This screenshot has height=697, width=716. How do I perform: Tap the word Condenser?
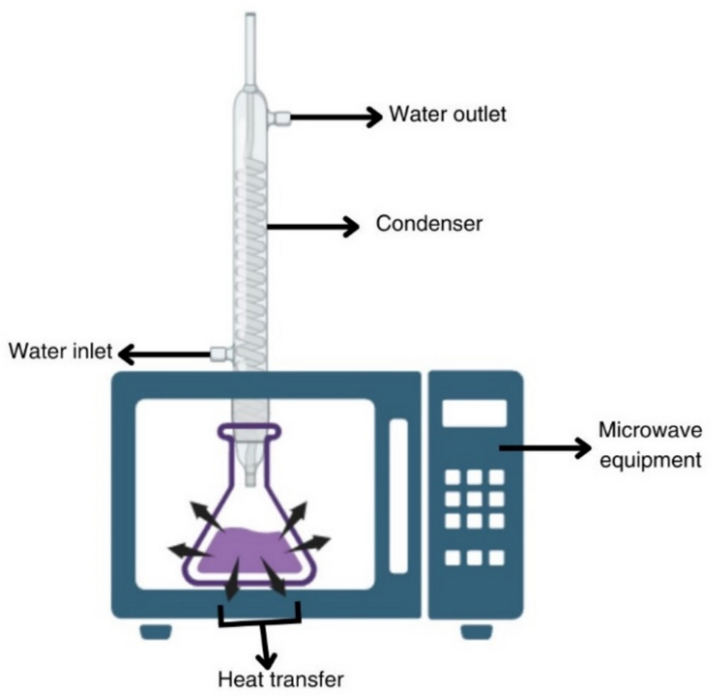click(x=429, y=224)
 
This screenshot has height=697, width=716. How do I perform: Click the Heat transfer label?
click(x=281, y=678)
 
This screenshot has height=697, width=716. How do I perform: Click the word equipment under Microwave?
click(x=647, y=461)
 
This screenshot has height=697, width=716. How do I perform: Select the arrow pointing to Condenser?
click(x=312, y=227)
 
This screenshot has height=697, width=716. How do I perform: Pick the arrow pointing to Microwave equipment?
click(x=545, y=447)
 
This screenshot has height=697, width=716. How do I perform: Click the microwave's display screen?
click(x=474, y=414)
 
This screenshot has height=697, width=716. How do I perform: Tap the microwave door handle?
click(x=398, y=495)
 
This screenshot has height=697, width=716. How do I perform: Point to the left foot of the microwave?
click(x=156, y=631)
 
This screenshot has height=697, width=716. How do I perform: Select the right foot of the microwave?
click(x=477, y=631)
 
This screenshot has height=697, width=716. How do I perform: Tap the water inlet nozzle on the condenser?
click(x=220, y=354)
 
